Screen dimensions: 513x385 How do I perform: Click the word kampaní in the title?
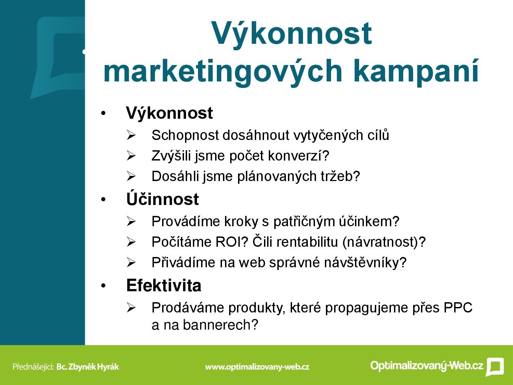tap(416, 71)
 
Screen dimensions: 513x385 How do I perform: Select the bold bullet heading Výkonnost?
tap(169, 113)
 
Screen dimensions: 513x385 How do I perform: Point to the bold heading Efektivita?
tap(163, 285)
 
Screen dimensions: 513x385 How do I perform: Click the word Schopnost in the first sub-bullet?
tap(185, 136)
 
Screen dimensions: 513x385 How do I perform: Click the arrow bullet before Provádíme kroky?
tap(131, 221)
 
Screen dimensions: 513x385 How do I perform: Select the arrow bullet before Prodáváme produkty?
tap(131, 308)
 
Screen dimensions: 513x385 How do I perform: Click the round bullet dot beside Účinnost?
tap(103, 200)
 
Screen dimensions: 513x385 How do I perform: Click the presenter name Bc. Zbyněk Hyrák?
tap(88, 367)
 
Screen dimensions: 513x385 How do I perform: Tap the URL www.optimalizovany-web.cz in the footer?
tap(257, 367)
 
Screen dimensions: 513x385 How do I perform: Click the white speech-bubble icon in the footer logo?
tap(495, 367)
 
